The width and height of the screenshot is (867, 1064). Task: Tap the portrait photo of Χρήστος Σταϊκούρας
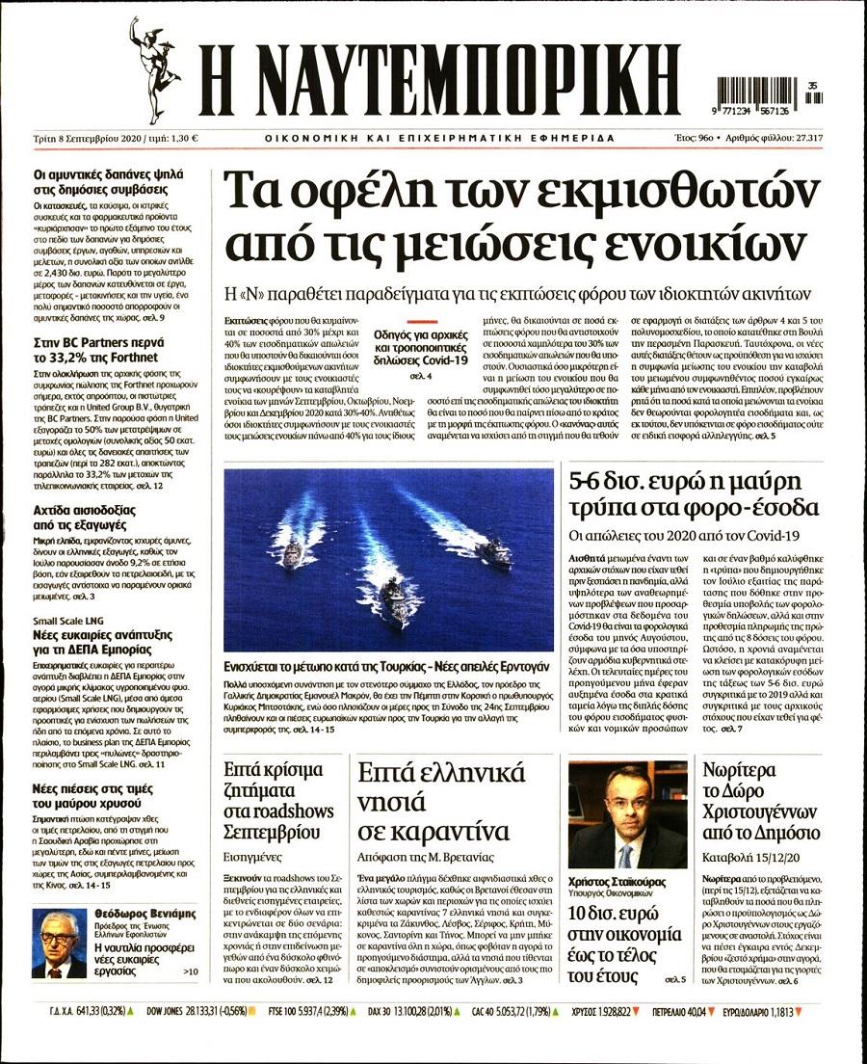click(627, 815)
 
